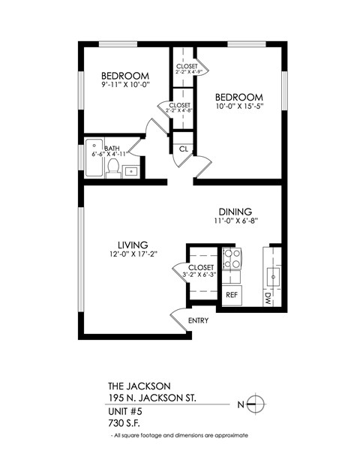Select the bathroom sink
[131, 171]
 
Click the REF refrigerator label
[232, 295]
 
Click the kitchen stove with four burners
[232, 260]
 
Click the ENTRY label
[199, 321]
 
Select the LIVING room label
[132, 245]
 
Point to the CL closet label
[183, 148]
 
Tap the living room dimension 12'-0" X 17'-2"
[132, 256]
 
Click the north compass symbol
[256, 403]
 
